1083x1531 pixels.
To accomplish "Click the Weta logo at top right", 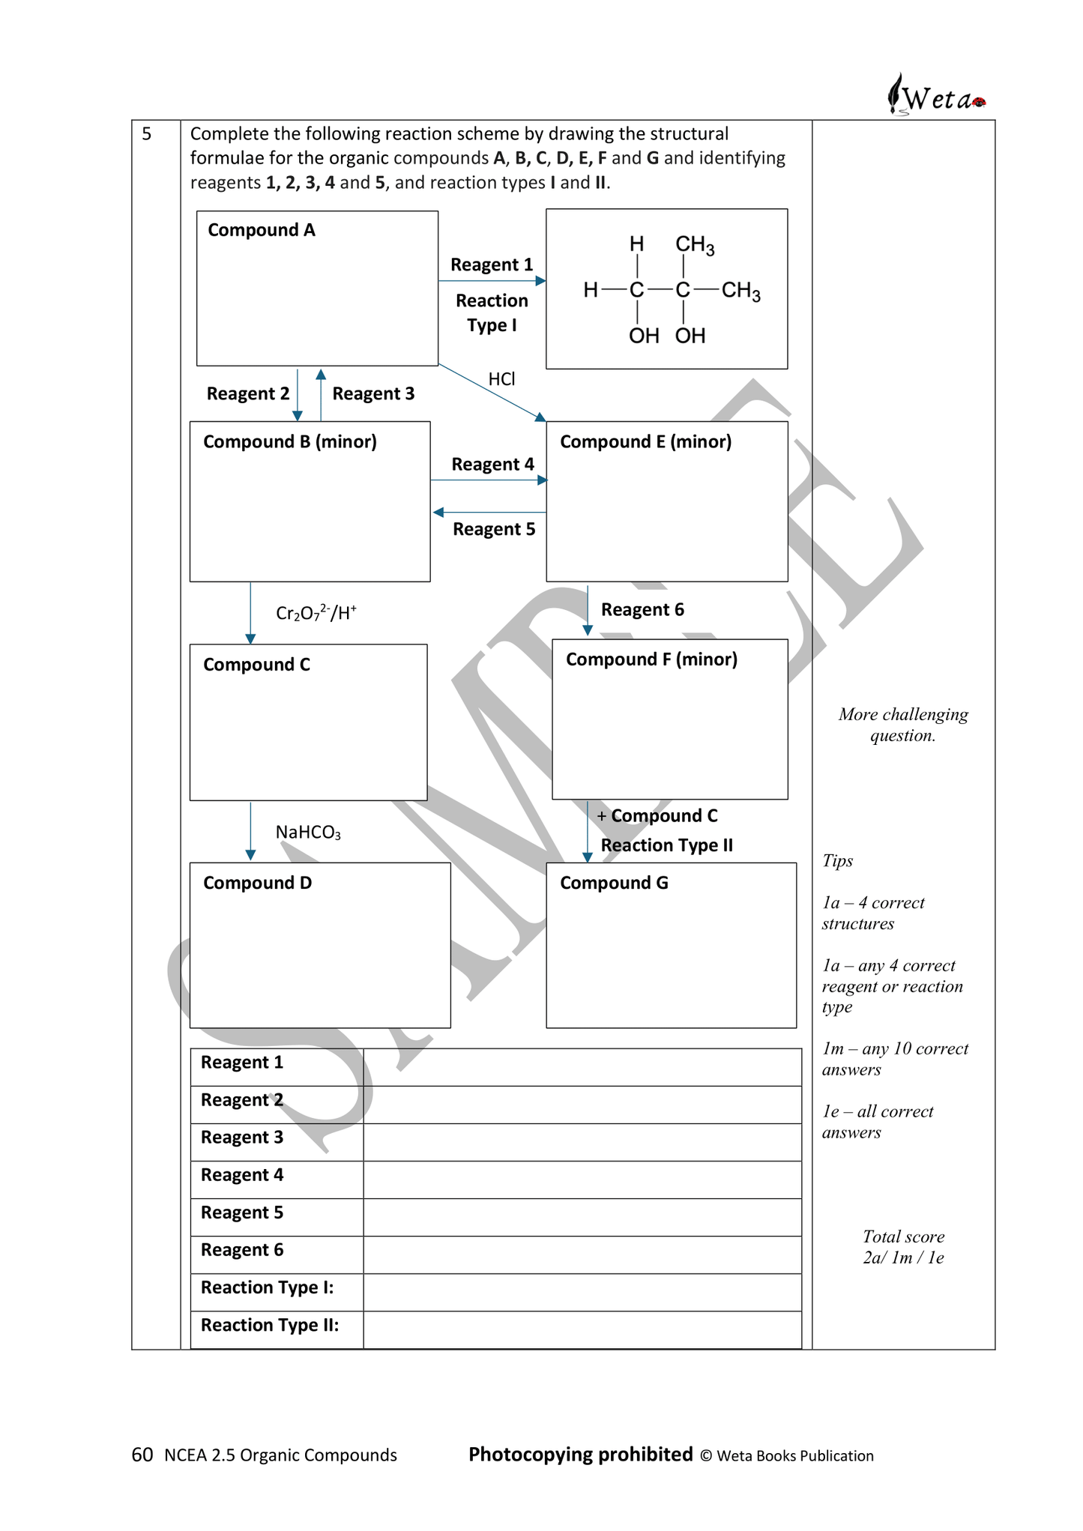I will click(936, 96).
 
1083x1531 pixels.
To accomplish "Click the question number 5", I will click(147, 134).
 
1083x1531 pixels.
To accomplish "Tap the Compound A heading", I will click(261, 230).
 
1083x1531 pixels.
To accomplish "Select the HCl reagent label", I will click(501, 379).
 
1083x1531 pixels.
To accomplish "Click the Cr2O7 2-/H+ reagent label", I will click(316, 613).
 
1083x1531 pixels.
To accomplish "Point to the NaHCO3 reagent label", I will click(308, 833).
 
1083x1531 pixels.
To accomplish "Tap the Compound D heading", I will click(257, 883).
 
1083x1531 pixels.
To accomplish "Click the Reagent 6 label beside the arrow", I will click(642, 609).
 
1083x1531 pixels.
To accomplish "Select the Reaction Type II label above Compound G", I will click(666, 845).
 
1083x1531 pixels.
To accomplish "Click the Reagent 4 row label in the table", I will click(242, 1175).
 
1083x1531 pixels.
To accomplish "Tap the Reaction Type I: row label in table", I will click(267, 1287).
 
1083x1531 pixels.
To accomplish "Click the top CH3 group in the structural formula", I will click(695, 245).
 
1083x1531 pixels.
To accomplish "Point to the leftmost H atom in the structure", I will click(591, 290).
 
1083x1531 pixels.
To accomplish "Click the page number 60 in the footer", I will click(142, 1455).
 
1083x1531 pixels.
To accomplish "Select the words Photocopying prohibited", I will click(580, 1454).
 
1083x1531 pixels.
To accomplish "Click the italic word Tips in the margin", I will click(837, 860).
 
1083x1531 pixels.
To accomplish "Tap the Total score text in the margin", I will click(903, 1236).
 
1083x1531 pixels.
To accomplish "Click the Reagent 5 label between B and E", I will click(494, 529).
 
